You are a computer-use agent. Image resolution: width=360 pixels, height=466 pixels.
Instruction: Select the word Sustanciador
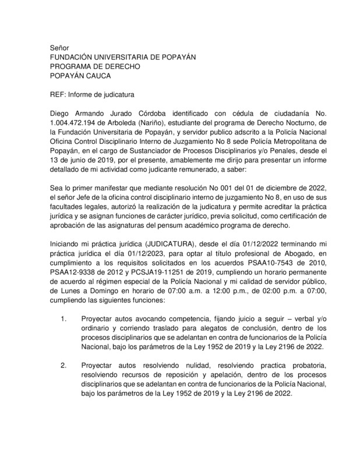[x=142, y=150]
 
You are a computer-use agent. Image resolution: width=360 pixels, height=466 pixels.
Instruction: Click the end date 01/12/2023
[x=126, y=254]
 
